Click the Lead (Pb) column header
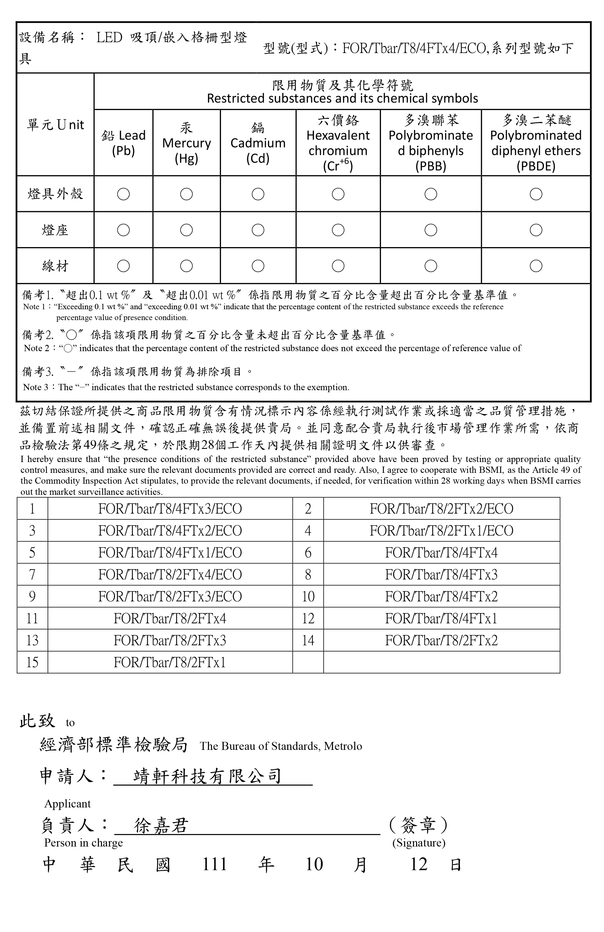click(123, 143)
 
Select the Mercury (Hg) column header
click(187, 143)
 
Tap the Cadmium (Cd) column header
click(258, 143)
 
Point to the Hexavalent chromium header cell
click(338, 143)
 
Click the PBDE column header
click(536, 143)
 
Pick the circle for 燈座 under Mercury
click(187, 230)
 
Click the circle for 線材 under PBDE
click(536, 266)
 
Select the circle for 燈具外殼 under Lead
click(123, 194)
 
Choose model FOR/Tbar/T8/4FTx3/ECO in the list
click(170, 509)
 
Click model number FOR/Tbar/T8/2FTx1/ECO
click(441, 531)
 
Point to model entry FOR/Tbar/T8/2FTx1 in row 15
click(170, 662)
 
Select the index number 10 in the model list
click(308, 597)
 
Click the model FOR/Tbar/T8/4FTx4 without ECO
click(441, 553)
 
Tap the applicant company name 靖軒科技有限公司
click(208, 776)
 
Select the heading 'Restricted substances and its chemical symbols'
click(342, 98)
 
